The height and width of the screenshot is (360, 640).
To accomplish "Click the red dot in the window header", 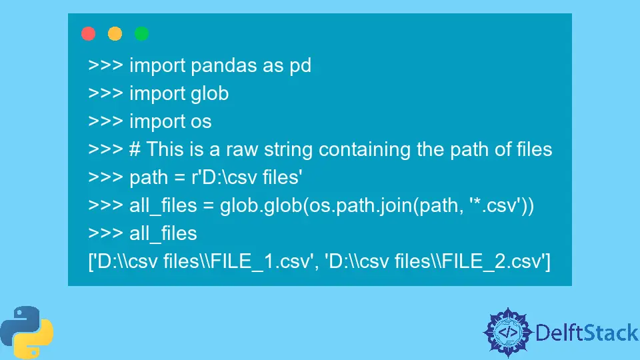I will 88,33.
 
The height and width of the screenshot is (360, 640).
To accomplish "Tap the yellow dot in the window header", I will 115,33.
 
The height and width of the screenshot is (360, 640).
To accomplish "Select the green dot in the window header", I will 142,33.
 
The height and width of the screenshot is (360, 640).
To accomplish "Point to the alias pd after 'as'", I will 299,66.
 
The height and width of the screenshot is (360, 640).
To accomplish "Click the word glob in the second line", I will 209,93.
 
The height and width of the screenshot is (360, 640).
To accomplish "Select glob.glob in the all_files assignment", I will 261,206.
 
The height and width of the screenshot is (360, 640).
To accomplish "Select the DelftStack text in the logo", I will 587,331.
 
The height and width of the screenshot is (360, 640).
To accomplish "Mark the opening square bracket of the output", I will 91,261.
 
